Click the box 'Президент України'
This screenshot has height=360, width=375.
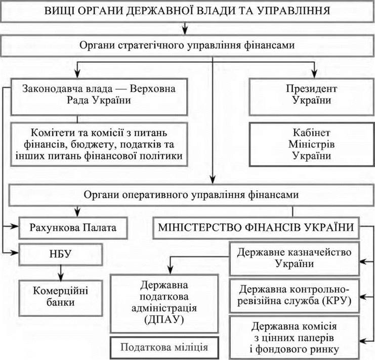(312, 95)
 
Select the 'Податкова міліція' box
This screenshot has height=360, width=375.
(164, 348)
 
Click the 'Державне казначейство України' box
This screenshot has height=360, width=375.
(293, 259)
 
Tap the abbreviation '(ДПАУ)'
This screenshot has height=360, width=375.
(164, 319)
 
